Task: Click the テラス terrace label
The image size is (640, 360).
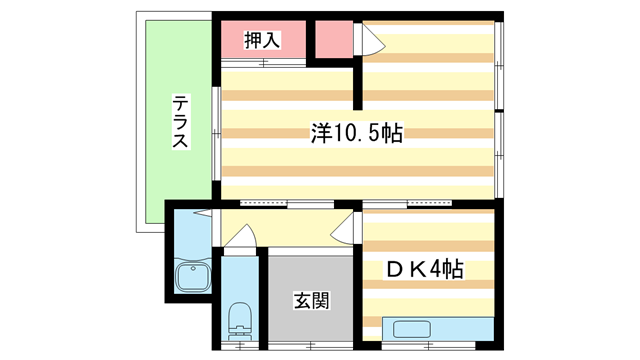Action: tap(180, 121)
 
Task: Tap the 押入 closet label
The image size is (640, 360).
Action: tap(263, 39)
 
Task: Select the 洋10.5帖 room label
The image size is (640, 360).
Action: tap(356, 132)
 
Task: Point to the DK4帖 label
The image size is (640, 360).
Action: tap(425, 269)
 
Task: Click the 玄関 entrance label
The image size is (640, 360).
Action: tap(310, 299)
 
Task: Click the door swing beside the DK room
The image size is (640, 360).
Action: tap(343, 228)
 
